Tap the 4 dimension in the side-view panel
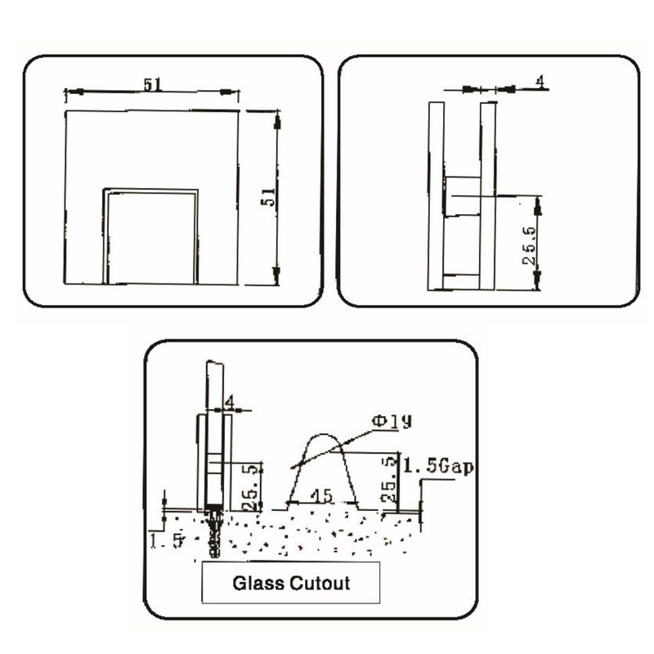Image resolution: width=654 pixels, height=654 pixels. [x=540, y=81]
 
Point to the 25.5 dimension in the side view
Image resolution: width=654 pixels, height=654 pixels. [x=530, y=243]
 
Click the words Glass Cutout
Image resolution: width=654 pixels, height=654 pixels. [x=292, y=584]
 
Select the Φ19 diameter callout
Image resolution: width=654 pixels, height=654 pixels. [x=392, y=422]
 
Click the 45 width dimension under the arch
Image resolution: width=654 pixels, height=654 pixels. [x=322, y=496]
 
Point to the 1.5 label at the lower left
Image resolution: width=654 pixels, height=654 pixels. [x=164, y=539]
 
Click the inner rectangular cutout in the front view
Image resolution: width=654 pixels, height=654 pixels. [x=150, y=237]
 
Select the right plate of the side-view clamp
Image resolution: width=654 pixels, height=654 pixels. [x=489, y=196]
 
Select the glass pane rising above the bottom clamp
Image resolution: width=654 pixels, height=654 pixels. [x=214, y=388]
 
